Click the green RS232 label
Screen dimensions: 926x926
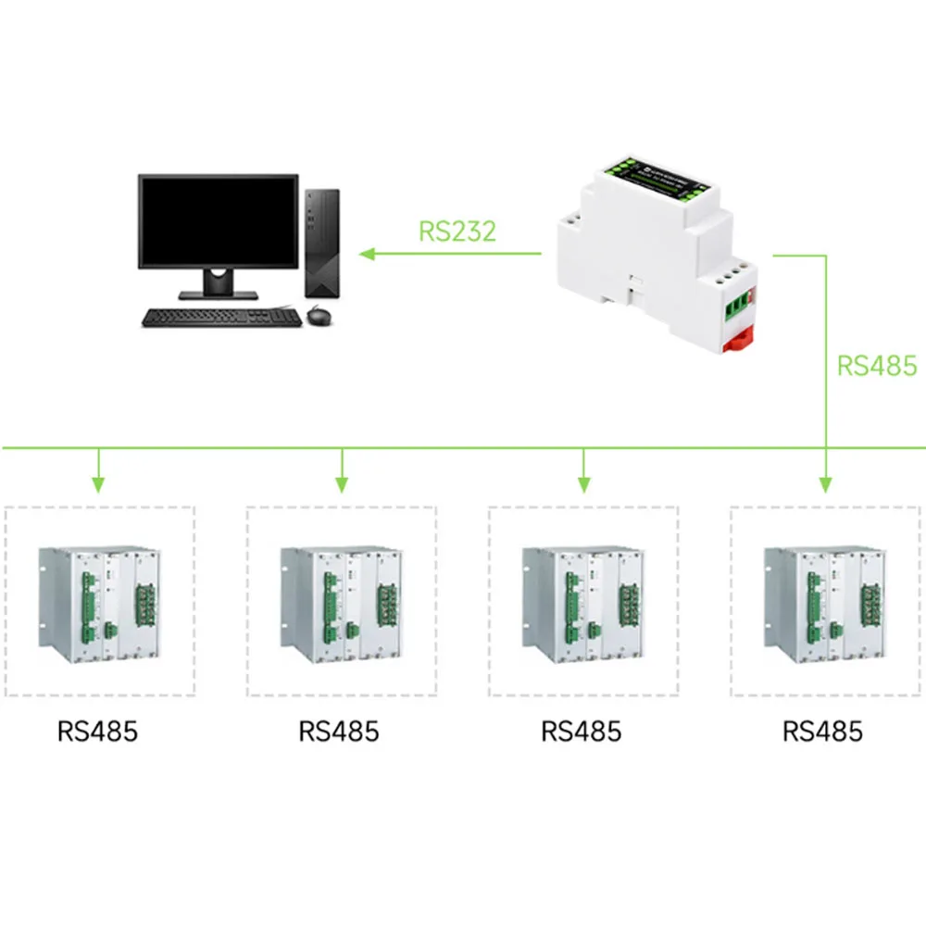point(457,231)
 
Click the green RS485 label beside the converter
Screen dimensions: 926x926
point(876,365)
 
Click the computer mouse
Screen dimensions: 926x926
point(318,316)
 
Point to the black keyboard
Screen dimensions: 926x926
point(221,318)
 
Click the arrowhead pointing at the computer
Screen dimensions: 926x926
point(368,253)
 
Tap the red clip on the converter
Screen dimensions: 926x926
point(738,340)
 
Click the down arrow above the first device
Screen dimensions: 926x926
point(99,482)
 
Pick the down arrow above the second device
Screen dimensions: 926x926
point(342,482)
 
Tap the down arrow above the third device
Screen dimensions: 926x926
point(583,482)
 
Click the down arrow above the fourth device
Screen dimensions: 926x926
point(825,482)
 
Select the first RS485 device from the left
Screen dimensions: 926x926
point(99,602)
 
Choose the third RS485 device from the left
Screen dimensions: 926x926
point(583,602)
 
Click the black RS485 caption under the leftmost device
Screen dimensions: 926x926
point(97,732)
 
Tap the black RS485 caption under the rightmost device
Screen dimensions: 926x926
point(822,732)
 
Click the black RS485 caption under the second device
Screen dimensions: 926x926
point(339,732)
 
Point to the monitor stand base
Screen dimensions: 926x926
point(219,294)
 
